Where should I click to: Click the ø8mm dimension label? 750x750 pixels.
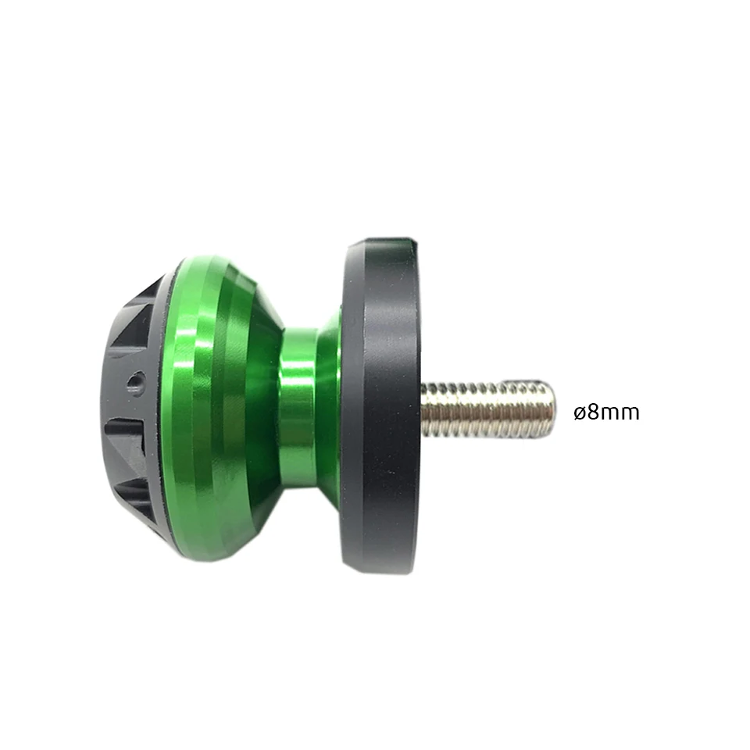click(x=606, y=412)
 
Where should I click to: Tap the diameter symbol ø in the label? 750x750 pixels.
click(x=580, y=413)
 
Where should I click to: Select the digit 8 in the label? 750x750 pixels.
click(x=593, y=412)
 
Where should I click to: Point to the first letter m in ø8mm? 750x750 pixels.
click(x=610, y=414)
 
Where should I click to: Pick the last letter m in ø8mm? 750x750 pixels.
click(x=630, y=414)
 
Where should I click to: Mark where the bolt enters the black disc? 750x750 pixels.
click(x=423, y=409)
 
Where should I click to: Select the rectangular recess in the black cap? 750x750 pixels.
click(x=125, y=439)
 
